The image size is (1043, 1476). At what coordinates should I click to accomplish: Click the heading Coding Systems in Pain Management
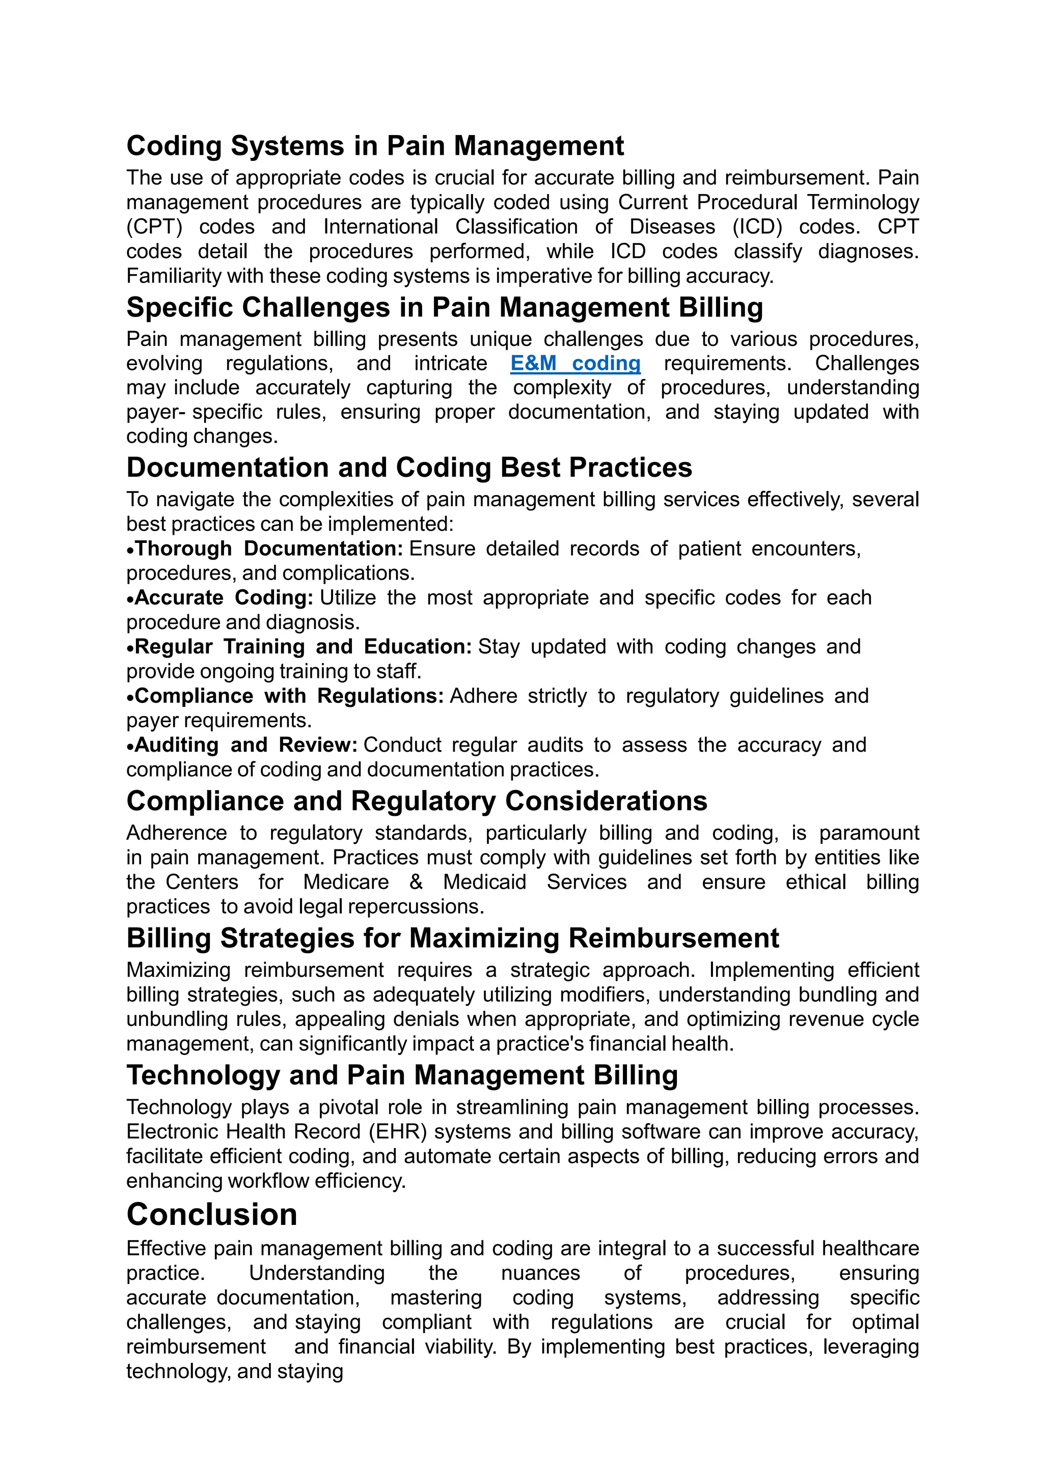(375, 146)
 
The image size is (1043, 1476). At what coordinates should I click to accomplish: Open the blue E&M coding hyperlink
(575, 363)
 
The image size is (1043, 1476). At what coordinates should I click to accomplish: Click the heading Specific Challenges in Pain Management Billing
(445, 307)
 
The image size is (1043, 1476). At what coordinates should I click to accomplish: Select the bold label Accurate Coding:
(224, 597)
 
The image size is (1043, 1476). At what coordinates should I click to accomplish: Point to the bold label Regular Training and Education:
(304, 646)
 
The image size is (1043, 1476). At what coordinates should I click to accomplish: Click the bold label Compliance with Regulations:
(289, 696)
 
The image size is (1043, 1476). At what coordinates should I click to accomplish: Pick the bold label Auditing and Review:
(246, 745)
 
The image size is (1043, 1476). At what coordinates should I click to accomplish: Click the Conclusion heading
(212, 1214)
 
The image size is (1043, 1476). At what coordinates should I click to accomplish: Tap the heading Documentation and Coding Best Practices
(409, 468)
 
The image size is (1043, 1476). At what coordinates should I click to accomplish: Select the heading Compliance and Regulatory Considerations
(417, 801)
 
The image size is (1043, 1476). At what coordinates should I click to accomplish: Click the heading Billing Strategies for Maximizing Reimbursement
(452, 938)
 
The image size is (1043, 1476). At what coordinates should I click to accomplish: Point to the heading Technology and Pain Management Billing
(402, 1075)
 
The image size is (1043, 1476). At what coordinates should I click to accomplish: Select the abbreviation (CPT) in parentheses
(154, 227)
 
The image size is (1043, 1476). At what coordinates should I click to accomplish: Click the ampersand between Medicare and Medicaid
(416, 882)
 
